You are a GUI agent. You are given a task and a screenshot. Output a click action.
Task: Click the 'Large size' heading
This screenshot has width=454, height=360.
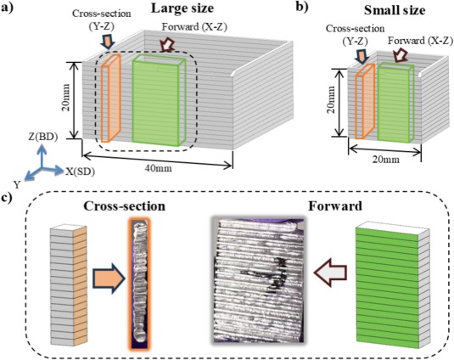pyautogui.click(x=182, y=8)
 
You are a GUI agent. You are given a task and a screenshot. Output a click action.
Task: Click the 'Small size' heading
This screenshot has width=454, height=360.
pyautogui.click(x=395, y=11)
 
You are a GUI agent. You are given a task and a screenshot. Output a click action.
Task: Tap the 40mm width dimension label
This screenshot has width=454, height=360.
pyautogui.click(x=158, y=168)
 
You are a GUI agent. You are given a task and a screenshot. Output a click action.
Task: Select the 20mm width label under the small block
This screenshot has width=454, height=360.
pyautogui.click(x=385, y=160)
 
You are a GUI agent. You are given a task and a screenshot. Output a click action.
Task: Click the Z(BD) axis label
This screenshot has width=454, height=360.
pyautogui.click(x=42, y=137)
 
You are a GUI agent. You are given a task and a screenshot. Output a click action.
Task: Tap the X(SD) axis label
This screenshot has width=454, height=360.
pyautogui.click(x=80, y=172)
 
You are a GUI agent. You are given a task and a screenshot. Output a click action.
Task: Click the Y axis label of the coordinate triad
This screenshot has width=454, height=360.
pyautogui.click(x=16, y=184)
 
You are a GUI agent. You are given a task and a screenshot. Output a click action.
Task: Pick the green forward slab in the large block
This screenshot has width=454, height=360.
pyautogui.click(x=159, y=100)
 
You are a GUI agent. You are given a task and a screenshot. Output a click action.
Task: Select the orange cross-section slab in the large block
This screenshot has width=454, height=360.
pyautogui.click(x=110, y=98)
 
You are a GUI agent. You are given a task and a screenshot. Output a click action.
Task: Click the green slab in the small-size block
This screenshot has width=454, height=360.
pyautogui.click(x=395, y=103)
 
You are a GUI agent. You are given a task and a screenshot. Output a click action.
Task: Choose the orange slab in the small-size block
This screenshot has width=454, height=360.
pyautogui.click(x=366, y=101)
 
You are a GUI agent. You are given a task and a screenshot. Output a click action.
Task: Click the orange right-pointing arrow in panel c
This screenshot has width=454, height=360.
pyautogui.click(x=109, y=278)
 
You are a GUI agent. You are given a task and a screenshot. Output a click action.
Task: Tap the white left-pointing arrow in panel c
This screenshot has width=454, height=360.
pyautogui.click(x=331, y=273)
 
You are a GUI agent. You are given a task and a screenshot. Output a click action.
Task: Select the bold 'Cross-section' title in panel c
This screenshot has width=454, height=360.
pyautogui.click(x=125, y=206)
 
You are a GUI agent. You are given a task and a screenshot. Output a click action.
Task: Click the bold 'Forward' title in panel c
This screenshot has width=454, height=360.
pyautogui.click(x=335, y=206)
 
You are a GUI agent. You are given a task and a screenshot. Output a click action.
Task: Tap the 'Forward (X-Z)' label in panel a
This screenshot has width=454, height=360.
pyautogui.click(x=194, y=27)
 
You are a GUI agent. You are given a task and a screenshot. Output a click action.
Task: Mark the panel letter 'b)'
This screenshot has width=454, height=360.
pyautogui.click(x=302, y=7)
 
